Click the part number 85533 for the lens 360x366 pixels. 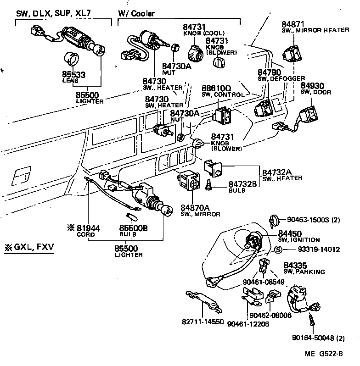[x=73, y=74]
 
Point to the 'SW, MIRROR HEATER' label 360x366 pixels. [x=315, y=30]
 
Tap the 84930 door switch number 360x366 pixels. [x=312, y=86]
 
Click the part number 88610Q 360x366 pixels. [x=216, y=88]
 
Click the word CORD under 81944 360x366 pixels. [x=86, y=234]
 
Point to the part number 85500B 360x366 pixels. [x=133, y=228]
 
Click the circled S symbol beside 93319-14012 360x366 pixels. [x=278, y=250]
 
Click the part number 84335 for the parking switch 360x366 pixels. [x=296, y=266]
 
